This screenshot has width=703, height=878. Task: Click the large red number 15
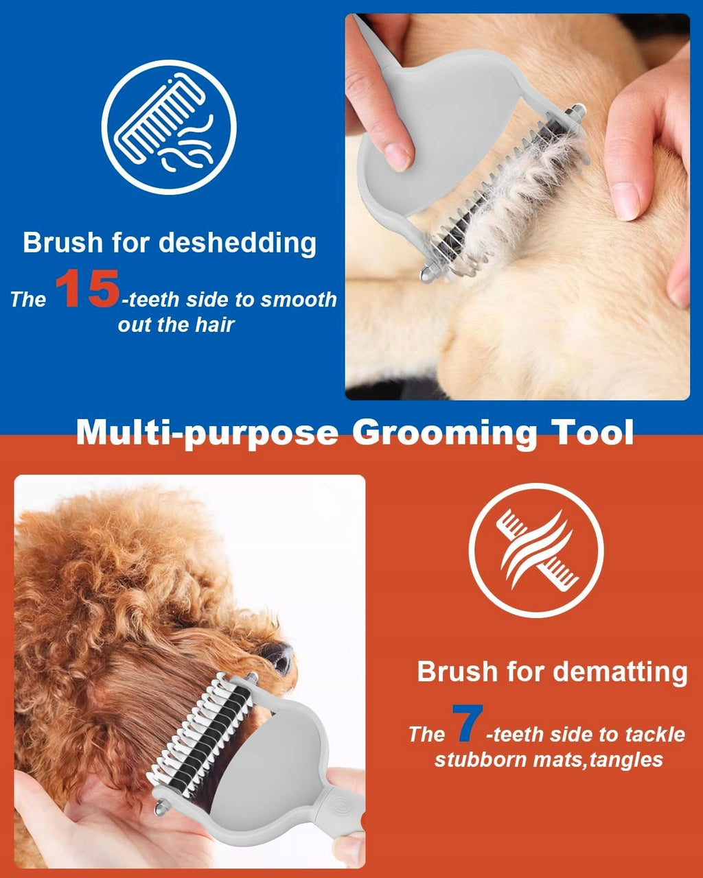[x=87, y=289]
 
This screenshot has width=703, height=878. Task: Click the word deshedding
[x=238, y=243]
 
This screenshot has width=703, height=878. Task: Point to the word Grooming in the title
[x=444, y=432]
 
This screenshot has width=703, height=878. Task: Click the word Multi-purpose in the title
[x=207, y=433]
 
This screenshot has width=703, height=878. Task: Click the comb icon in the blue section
[x=169, y=128]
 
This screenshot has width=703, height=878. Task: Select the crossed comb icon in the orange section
[x=536, y=550]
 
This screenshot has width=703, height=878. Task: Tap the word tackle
[x=655, y=735]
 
